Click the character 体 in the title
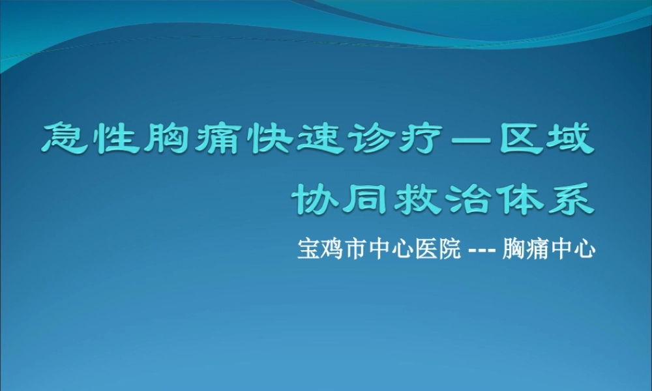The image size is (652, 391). [520, 199]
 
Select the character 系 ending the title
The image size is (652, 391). [570, 199]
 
